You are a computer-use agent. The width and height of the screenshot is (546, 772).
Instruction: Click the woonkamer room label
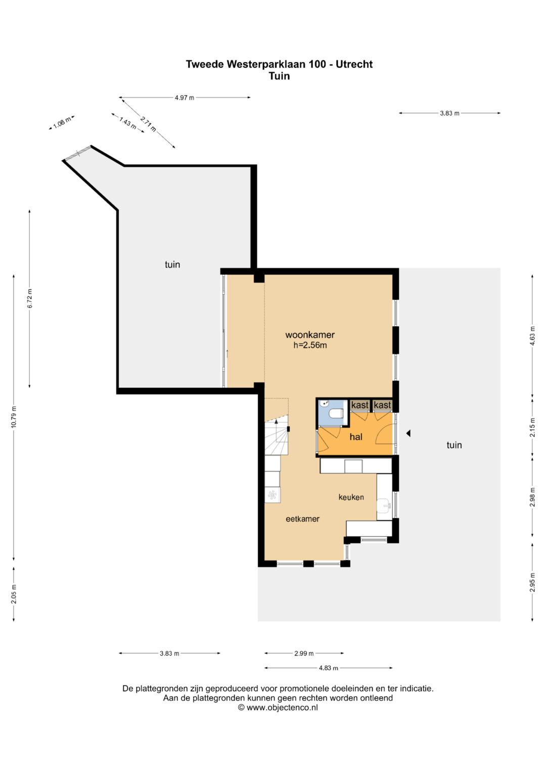click(310, 335)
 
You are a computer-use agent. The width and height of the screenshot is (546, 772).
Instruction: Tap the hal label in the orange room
click(356, 437)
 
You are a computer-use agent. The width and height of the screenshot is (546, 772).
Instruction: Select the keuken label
click(351, 497)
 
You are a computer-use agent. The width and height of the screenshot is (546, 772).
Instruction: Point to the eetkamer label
click(303, 519)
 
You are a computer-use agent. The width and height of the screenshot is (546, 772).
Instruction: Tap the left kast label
click(360, 405)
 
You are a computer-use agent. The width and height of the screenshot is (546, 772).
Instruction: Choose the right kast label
click(382, 405)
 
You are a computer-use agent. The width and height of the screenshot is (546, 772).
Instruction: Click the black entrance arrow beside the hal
click(408, 433)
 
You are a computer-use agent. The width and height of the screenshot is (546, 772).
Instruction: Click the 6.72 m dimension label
click(30, 298)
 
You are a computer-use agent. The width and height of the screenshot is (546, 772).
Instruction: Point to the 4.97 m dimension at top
click(185, 98)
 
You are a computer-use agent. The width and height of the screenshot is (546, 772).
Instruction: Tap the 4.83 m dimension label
click(328, 668)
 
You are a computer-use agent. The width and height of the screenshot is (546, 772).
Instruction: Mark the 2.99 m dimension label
click(304, 653)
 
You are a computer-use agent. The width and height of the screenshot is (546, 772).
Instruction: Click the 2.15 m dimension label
click(532, 427)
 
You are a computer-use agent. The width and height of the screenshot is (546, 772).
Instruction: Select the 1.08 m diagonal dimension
click(62, 123)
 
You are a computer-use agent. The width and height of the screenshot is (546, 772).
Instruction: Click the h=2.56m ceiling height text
click(310, 345)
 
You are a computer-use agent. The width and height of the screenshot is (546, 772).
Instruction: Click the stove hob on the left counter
click(272, 495)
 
